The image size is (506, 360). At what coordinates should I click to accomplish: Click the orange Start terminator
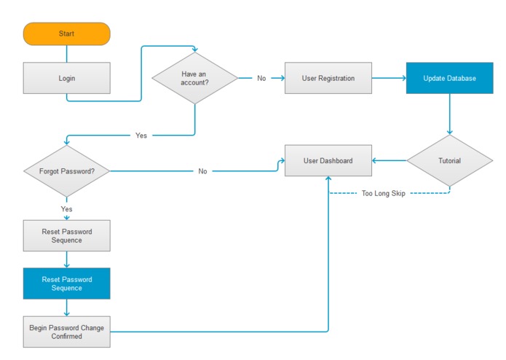coord(67,34)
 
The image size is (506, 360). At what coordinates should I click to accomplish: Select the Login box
coord(67,78)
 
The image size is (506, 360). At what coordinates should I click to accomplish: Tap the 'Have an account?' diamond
coord(195,78)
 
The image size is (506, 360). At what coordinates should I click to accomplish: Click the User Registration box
coord(328,78)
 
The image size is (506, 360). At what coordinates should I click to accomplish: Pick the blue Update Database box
coord(449,78)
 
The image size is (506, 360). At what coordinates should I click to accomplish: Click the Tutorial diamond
coord(449,160)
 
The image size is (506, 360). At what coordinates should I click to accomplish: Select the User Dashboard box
coord(328,160)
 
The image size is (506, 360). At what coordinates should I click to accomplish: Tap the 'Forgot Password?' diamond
coord(67,171)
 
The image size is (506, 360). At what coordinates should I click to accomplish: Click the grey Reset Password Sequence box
coord(67,235)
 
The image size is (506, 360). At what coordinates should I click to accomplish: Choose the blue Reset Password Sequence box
coord(67,283)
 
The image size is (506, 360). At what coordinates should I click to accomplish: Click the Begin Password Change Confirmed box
coord(67,332)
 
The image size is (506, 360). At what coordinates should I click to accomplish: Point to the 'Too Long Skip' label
coord(384,193)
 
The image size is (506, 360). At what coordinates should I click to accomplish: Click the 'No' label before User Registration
coord(261,78)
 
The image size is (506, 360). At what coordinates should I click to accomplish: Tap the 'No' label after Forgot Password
coord(202,171)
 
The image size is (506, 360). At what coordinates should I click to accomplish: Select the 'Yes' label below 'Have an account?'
coord(141,136)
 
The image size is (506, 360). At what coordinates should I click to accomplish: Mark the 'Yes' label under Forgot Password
coord(67,209)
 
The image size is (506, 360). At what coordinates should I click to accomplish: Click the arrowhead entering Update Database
coord(404,78)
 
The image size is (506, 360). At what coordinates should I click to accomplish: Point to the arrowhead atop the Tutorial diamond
coord(449,133)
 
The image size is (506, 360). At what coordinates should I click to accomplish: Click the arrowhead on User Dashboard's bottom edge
coord(328,179)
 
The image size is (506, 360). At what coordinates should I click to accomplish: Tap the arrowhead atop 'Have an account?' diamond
coord(195,50)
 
